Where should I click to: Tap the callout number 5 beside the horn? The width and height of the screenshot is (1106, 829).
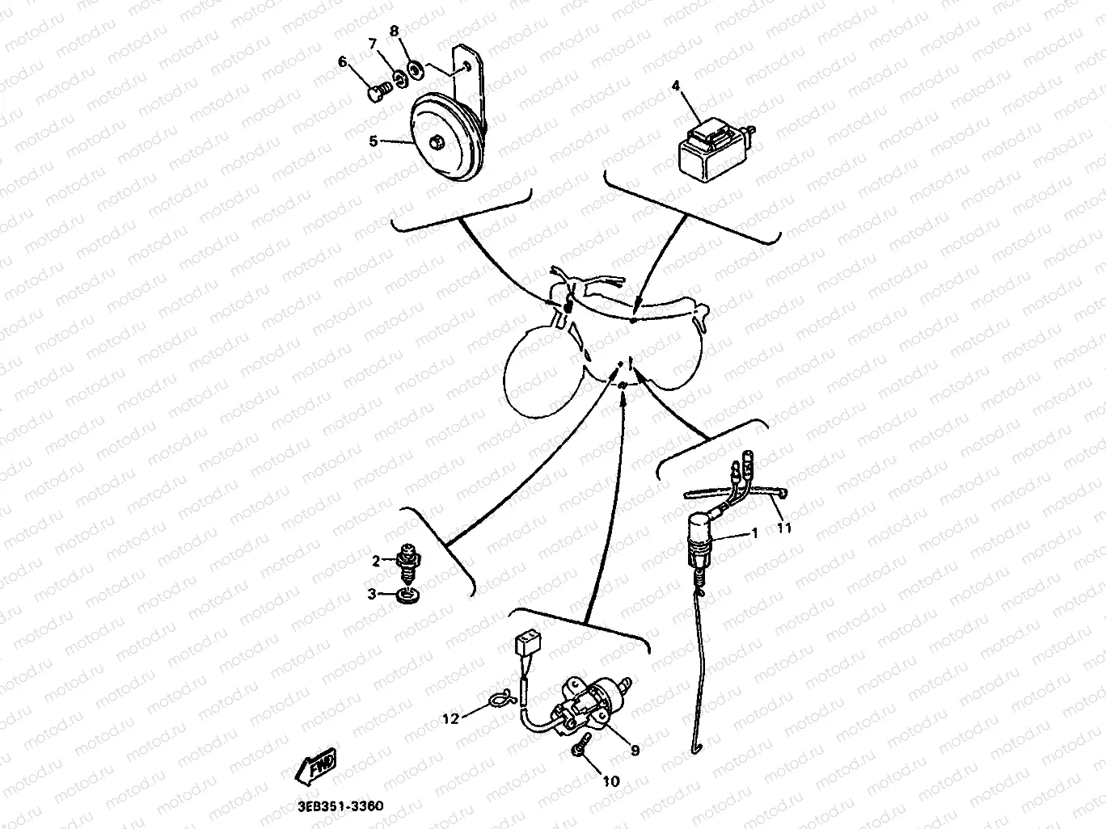373,141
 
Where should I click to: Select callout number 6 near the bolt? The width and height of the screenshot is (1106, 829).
343,62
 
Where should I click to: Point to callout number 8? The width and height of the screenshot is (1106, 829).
394,32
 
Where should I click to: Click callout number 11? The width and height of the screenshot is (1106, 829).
784,528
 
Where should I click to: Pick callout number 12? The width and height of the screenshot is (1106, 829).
451,719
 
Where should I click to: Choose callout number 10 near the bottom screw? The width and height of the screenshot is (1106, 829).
611,781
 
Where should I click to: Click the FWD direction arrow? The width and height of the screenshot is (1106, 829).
316,767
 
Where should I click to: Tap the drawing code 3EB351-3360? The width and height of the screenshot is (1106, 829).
340,806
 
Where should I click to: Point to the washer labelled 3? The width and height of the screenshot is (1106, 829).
408,596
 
